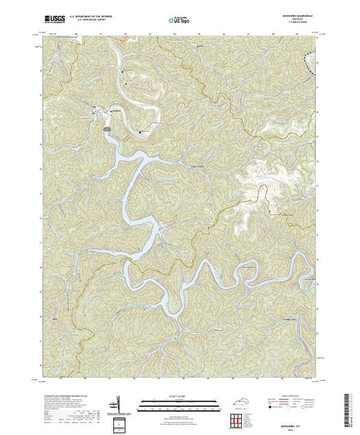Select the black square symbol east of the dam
point(141,130)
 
